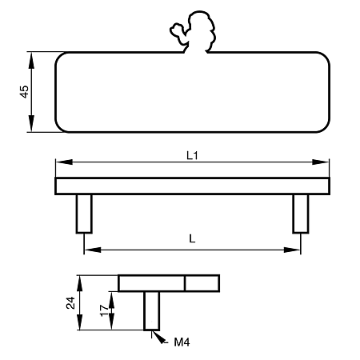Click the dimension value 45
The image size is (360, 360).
tap(25, 92)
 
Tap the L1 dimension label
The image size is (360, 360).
tap(192, 155)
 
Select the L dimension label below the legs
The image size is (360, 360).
tap(192, 238)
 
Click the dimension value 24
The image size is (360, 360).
tap(70, 302)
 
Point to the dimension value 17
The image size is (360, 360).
tap(104, 310)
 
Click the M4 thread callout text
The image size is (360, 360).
tap(182, 342)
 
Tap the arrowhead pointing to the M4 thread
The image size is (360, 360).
tap(159, 338)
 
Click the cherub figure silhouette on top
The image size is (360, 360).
tap(193, 32)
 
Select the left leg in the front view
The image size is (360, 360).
tap(84, 214)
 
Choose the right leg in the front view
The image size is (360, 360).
tap(301, 214)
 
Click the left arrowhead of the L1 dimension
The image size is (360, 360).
tap(64, 162)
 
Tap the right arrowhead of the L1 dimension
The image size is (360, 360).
tap(321, 162)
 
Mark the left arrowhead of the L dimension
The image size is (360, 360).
tap(93, 250)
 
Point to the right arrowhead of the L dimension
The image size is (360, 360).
tap(292, 250)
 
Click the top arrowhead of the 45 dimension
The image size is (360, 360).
tap(31, 61)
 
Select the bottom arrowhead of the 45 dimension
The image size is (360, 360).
tap(31, 123)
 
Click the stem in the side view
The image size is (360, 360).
tap(152, 311)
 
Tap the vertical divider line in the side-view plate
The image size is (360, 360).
tap(185, 283)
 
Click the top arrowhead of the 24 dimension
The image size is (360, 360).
tap(79, 283)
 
